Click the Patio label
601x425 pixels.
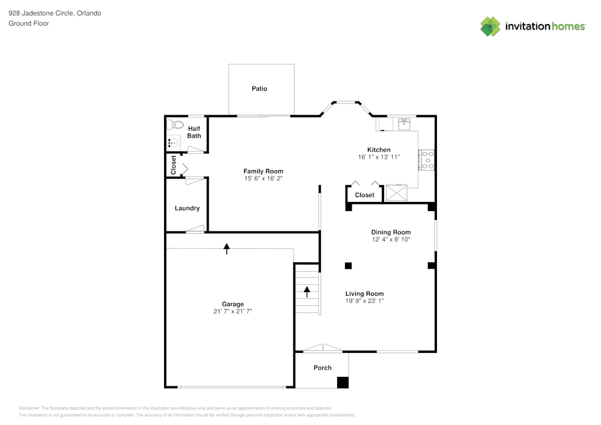[x=259, y=89]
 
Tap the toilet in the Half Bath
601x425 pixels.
[x=175, y=126]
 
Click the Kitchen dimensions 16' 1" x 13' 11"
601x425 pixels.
[x=379, y=157]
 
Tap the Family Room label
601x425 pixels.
[x=263, y=171]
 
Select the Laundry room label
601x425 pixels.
[x=187, y=209]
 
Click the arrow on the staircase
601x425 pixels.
[x=307, y=292]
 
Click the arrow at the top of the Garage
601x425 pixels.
[x=227, y=248]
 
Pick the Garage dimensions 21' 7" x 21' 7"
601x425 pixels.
[x=233, y=311]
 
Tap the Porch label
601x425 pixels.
[x=323, y=368]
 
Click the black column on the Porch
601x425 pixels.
[x=343, y=382]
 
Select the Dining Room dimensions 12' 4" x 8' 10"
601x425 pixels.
[x=391, y=239]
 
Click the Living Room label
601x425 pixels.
[x=364, y=294]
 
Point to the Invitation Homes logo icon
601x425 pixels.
[x=490, y=26]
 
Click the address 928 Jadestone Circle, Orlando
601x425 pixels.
[x=55, y=13]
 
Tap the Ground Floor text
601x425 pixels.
[x=28, y=23]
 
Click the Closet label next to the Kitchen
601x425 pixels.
[x=364, y=195]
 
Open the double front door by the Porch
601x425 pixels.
[x=323, y=348]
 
